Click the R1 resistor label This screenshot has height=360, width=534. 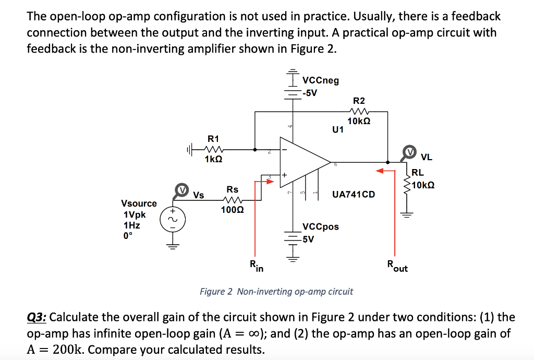pos(213,139)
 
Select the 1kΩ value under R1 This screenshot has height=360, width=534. pos(214,159)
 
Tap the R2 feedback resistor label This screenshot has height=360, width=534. pos(359,101)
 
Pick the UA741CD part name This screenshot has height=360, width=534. pos(354,195)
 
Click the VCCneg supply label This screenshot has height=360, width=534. pos(320,80)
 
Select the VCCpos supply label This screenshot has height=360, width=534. pos(320,226)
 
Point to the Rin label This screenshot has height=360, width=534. pos(256,267)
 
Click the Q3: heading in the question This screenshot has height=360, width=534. pos(37,317)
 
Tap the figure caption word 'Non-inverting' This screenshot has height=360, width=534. pos(264,291)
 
